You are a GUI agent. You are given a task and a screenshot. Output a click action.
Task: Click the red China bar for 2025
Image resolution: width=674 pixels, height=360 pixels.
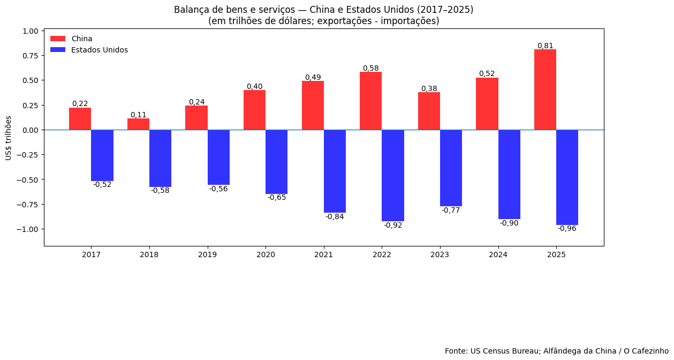545,89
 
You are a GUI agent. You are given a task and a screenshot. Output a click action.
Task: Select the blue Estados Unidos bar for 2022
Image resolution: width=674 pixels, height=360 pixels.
393,175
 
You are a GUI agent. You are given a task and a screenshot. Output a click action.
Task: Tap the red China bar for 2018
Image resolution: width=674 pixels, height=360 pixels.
138,124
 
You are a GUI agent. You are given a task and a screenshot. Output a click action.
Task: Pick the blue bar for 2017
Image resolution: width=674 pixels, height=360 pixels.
102,155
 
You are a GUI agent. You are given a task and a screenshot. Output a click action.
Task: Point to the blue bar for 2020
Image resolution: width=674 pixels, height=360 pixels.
276,162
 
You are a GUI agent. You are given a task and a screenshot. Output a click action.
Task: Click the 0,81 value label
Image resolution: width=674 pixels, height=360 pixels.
545,46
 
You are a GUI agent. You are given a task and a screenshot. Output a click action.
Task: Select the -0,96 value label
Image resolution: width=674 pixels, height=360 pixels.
567,229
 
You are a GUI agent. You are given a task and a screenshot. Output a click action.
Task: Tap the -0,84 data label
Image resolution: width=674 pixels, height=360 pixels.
335,217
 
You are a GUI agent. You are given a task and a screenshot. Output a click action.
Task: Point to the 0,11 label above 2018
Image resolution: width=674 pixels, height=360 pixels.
138,115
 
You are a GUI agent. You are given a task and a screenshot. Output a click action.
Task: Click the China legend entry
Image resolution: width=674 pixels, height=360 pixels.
81,39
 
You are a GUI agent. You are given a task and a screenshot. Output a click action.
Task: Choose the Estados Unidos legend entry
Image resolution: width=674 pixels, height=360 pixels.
99,50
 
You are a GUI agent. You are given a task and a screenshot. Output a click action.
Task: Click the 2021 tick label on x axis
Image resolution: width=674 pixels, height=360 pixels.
324,254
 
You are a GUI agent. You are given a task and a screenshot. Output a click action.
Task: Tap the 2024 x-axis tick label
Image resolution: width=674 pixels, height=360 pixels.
498,254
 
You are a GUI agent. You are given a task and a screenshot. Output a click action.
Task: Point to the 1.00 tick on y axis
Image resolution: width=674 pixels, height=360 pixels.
31,31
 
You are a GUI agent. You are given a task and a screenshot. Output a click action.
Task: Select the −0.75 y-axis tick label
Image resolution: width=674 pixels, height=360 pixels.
28,204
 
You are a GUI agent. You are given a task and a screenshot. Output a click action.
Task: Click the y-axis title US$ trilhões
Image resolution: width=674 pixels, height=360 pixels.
9,138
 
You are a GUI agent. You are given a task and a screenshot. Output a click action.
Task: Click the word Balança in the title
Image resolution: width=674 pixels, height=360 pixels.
190,10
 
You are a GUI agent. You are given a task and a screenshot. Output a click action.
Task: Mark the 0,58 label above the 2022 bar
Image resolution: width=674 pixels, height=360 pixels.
371,68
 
